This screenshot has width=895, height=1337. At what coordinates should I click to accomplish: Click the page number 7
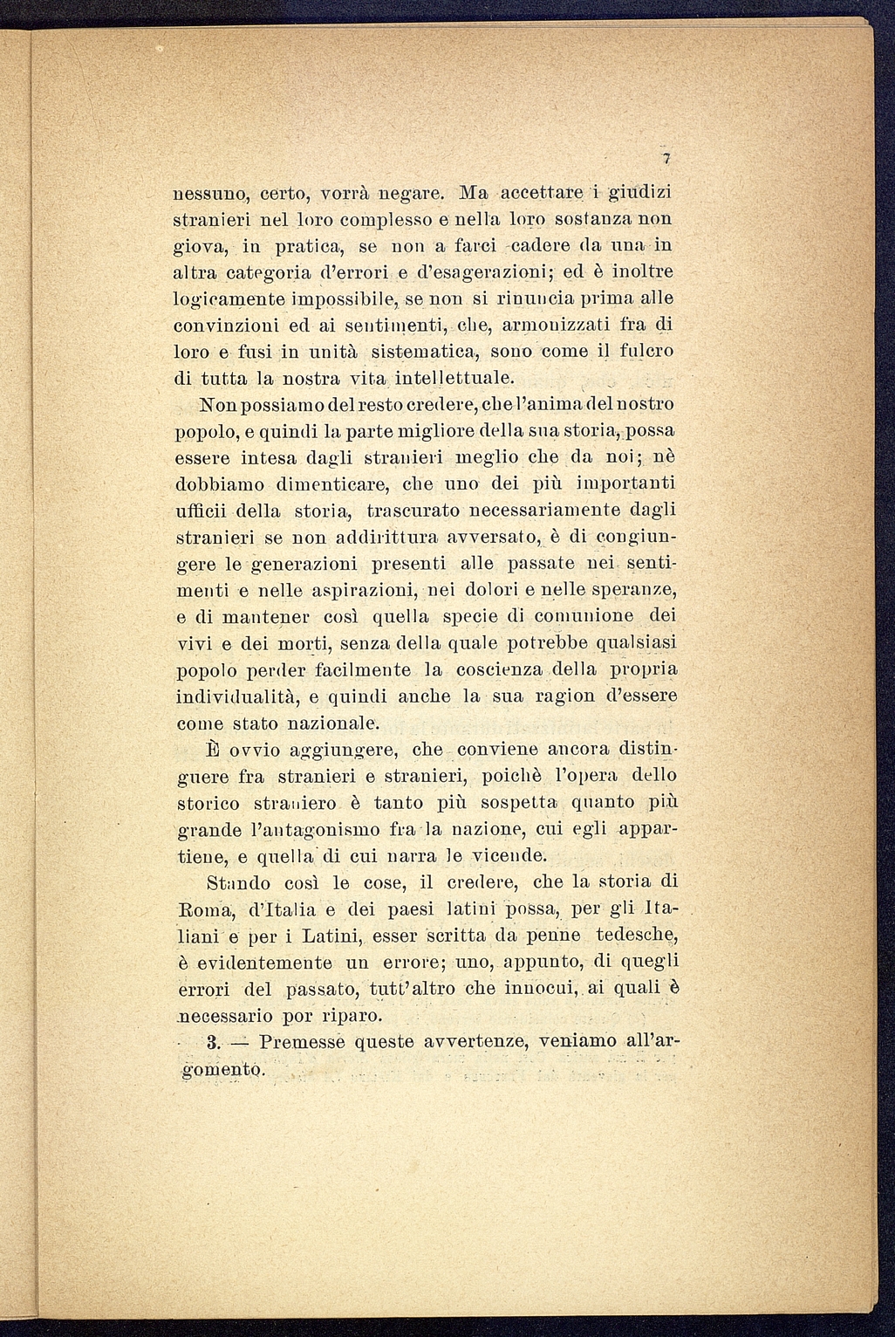(x=664, y=158)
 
